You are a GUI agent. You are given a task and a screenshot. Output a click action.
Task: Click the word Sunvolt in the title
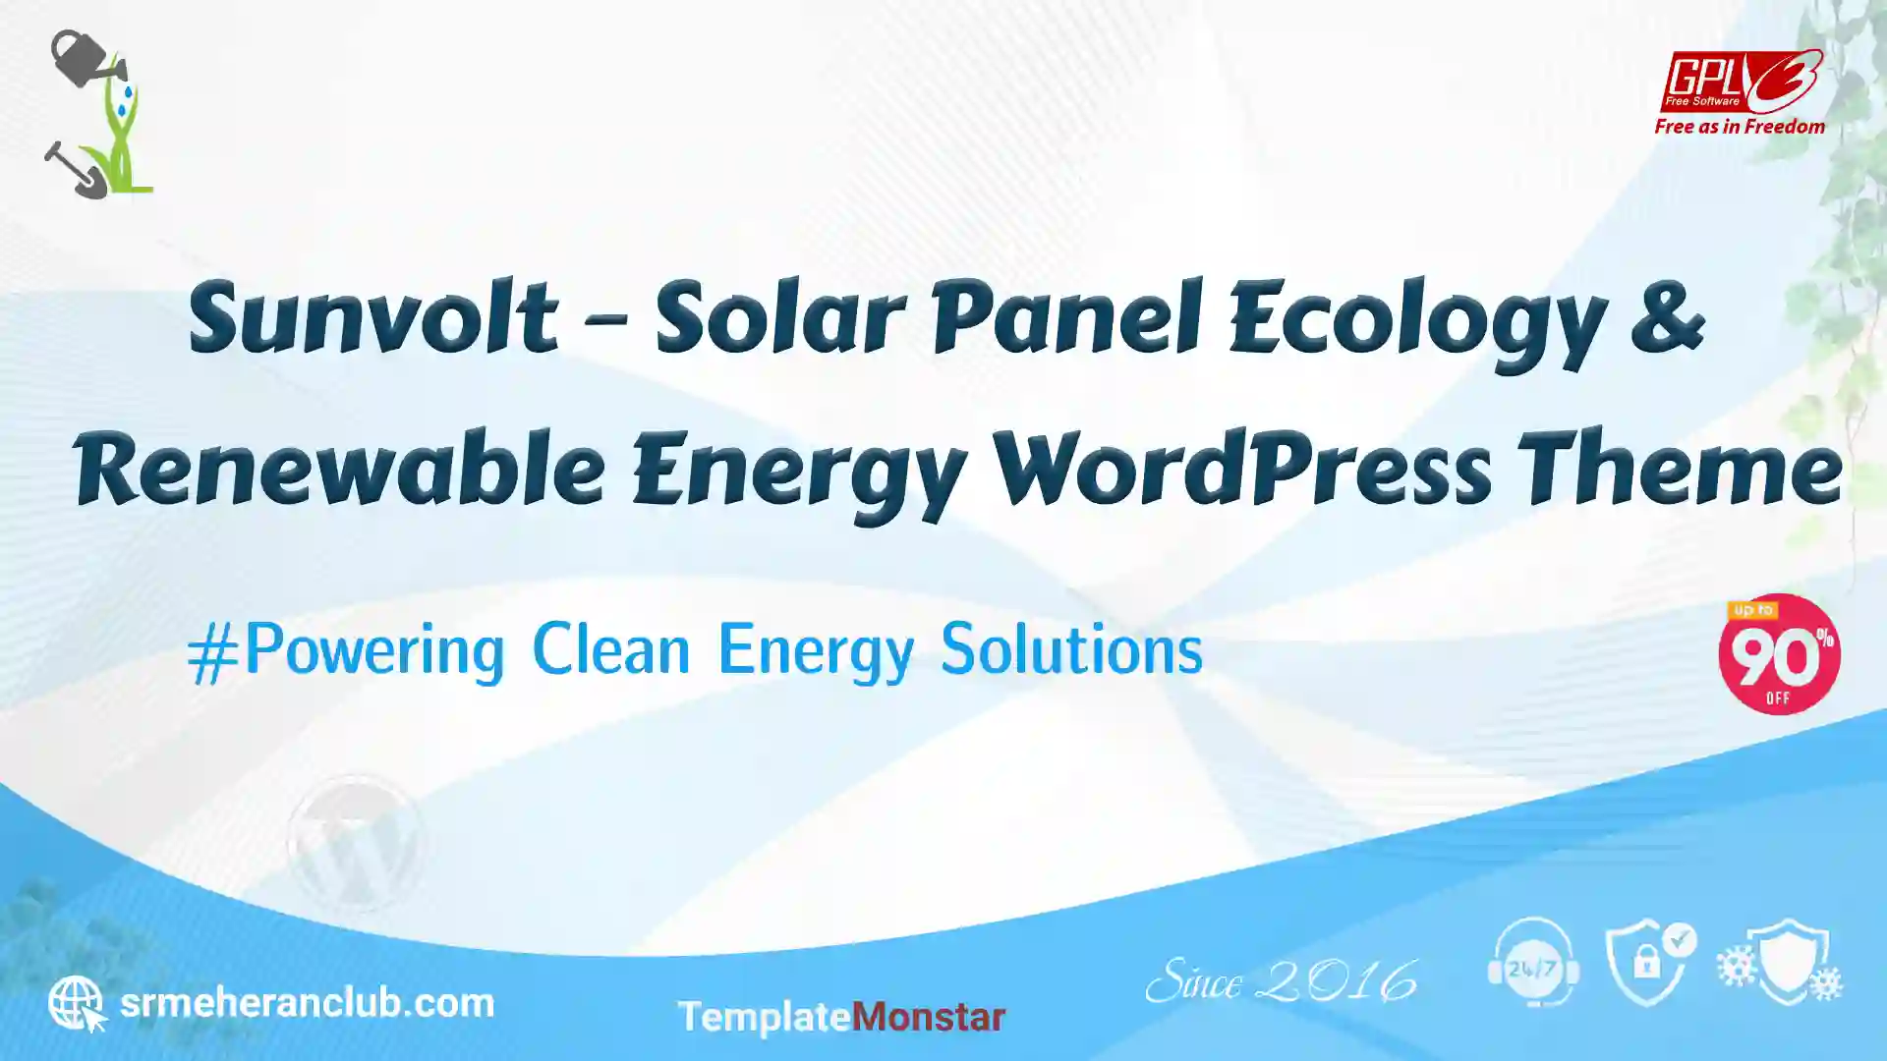coord(373,316)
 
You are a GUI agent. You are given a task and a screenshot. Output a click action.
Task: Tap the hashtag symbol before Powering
coord(212,653)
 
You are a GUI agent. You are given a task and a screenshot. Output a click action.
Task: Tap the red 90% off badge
coord(1779,654)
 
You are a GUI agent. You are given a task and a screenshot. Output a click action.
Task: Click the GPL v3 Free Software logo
coord(1741,82)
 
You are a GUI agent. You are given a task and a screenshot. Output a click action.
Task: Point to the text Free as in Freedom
coord(1740,127)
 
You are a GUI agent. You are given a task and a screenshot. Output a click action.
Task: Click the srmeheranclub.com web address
coord(307,1004)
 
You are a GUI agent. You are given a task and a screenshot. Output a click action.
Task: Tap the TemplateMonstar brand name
coord(841,1018)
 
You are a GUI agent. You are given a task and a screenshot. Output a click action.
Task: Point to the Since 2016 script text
coord(1282,980)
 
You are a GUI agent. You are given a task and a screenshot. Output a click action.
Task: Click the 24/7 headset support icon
coord(1533,963)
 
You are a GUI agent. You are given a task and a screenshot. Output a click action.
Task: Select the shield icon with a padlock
coord(1649,964)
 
